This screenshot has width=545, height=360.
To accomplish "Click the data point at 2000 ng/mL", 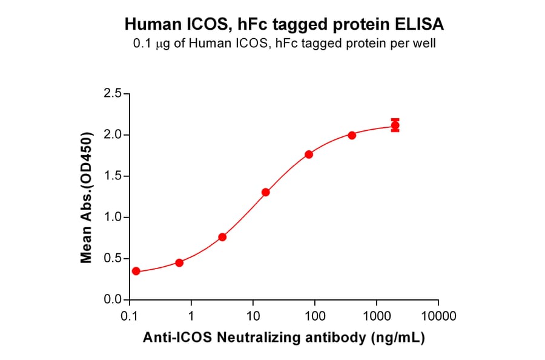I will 395,126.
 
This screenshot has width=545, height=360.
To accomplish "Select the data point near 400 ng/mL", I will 352,135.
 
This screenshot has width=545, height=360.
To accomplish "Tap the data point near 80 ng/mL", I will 309,155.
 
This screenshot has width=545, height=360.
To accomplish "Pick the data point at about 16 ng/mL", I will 266,192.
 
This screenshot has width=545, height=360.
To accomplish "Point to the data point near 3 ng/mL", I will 222,237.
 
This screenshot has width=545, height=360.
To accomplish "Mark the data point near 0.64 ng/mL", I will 179,262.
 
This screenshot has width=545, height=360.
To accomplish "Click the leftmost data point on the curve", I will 136,271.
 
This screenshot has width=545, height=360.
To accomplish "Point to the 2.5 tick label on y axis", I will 113,94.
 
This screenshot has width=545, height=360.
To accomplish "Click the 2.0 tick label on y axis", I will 113,135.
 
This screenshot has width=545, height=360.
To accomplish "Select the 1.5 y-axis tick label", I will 113,176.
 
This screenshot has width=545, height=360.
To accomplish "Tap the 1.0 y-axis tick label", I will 113,218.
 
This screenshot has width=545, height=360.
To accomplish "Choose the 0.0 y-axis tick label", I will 113,300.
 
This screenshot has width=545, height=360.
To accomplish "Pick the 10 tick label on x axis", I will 253,316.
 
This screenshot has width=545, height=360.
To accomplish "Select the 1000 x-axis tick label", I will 377,316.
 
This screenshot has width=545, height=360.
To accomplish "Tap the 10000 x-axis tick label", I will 438,316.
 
